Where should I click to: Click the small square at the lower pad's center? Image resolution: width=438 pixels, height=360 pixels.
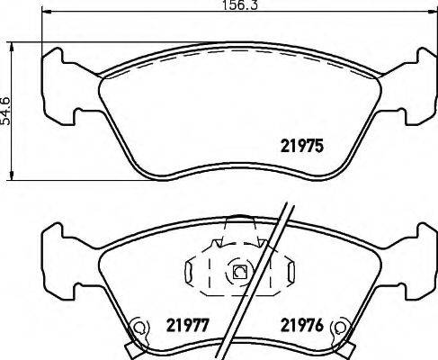(x=239, y=270)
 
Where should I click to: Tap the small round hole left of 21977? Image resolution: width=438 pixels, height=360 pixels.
(x=139, y=328)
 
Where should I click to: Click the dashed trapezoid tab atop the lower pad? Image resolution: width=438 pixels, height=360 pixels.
(x=237, y=231)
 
